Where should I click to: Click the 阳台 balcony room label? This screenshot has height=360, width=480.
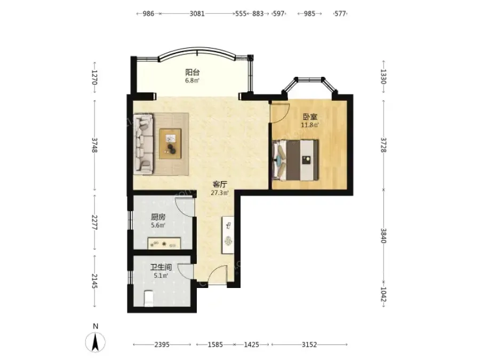[x=193, y=73]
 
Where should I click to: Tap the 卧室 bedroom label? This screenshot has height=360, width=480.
[x=310, y=117]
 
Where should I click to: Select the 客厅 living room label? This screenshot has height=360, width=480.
[x=220, y=185]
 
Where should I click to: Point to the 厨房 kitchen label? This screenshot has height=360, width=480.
[x=158, y=218]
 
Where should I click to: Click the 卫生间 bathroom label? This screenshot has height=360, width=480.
[x=161, y=267]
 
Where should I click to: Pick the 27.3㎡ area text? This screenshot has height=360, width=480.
[x=220, y=193]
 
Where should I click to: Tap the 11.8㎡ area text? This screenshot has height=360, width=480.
[x=310, y=125]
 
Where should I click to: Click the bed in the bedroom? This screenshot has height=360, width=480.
[x=296, y=160]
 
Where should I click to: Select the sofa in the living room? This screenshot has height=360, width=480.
[x=143, y=144]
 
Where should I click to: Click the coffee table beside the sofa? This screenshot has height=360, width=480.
[x=170, y=143]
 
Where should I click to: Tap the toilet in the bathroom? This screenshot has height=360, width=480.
[x=149, y=298]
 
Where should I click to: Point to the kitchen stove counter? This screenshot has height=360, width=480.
[x=164, y=243]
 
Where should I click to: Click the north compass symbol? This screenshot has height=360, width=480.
[x=95, y=341]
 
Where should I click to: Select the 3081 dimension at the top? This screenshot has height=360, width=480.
[x=197, y=14]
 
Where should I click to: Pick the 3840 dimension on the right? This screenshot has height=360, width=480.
[x=383, y=236]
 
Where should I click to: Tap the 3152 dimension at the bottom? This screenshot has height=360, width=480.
[x=309, y=345]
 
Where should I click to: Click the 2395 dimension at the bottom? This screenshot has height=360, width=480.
[x=162, y=345]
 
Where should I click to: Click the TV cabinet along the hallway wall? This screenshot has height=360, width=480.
[x=228, y=235]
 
